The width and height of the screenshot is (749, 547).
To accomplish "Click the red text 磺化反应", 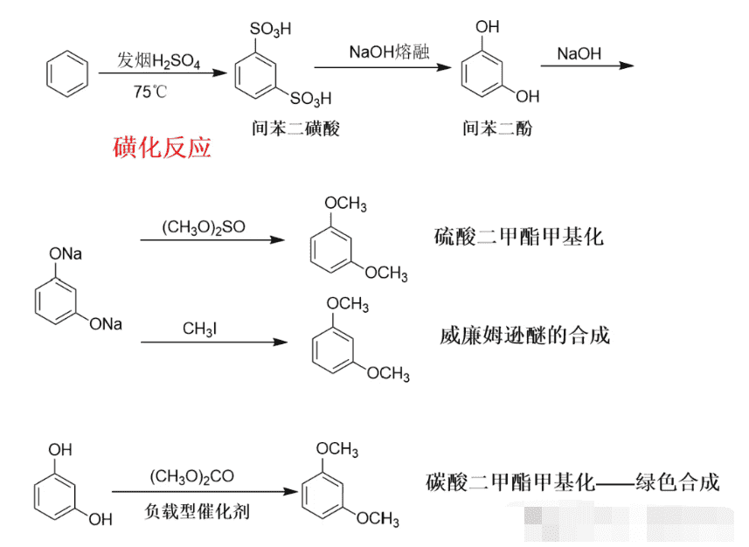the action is point(162,147).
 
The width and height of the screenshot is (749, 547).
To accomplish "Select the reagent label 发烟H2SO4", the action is point(158,60).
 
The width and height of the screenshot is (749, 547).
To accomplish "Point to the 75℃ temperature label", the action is point(150,91).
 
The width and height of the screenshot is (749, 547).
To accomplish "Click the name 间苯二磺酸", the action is point(295,128).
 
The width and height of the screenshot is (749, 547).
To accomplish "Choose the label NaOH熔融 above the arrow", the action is point(389,52).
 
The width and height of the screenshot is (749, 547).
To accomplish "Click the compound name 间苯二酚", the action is point(496,128).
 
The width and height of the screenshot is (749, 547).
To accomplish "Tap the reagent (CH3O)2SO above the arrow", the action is point(204,227).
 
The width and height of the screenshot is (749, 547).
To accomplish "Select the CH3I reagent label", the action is point(199,329).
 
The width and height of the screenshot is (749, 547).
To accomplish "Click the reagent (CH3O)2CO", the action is point(192,476).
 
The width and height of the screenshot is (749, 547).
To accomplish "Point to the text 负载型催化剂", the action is point(197,511).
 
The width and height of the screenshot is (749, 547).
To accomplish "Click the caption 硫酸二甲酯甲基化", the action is point(519,237).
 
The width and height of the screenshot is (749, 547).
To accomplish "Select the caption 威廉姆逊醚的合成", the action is point(524,335).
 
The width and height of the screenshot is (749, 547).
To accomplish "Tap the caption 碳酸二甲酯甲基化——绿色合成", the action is point(572,481).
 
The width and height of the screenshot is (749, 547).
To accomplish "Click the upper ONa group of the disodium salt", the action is point(66,253).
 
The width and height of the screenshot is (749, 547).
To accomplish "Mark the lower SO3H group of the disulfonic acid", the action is point(310,99).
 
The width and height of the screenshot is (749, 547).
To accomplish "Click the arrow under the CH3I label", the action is point(214,342).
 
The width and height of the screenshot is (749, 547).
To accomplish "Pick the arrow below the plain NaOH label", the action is point(587,66).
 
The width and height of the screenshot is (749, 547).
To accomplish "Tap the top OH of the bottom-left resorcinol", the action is point(60,449).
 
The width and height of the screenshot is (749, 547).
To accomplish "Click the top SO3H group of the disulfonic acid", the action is point(270,29).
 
